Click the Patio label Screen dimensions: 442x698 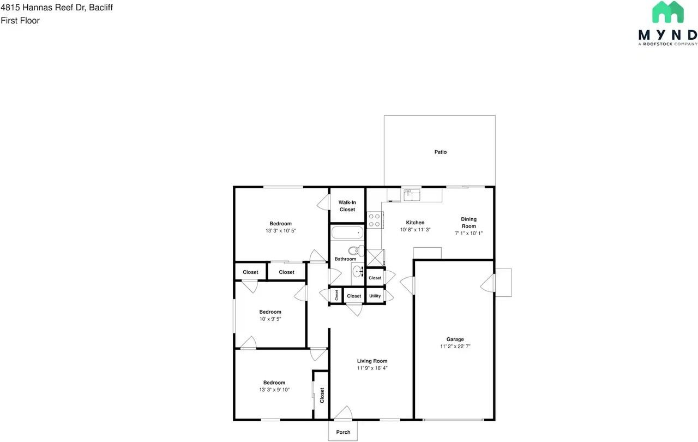[x=441, y=152]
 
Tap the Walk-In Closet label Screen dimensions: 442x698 [x=347, y=206]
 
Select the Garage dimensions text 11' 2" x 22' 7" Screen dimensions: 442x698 [x=455, y=347]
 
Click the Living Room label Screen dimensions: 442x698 [x=372, y=361]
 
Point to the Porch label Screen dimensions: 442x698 [x=343, y=432]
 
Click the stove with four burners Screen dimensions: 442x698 [x=374, y=220]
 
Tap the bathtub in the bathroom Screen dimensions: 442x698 [x=347, y=233]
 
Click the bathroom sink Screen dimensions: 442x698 [x=358, y=271]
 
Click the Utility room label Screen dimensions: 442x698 [x=375, y=296]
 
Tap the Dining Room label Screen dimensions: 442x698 [x=469, y=223]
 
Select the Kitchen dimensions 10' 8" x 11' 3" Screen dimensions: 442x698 [x=416, y=230]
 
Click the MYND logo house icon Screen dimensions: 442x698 [x=668, y=12]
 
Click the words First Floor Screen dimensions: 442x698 [x=20, y=21]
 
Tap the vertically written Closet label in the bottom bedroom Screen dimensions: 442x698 [x=322, y=395]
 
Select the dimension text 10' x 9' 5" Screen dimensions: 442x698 [x=270, y=319]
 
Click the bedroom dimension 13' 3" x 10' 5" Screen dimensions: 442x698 [x=280, y=231]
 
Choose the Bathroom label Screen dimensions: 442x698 [x=345, y=259]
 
